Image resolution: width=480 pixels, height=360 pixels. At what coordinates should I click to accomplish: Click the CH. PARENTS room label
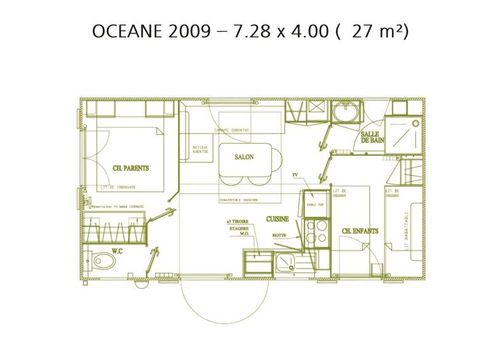[130, 168]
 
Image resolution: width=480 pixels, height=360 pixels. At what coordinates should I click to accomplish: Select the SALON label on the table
[244, 157]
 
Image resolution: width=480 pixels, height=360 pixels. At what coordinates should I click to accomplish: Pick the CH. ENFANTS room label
[359, 230]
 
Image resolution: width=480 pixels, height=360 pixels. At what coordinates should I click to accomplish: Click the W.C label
[116, 251]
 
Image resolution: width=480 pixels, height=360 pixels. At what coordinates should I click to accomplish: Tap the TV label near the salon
[295, 175]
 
